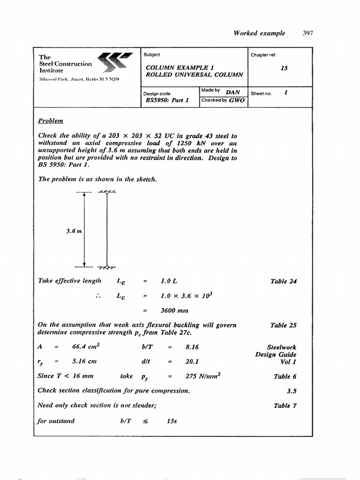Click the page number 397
click(307, 33)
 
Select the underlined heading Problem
click(50, 121)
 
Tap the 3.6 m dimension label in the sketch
click(75, 230)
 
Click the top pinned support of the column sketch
click(107, 192)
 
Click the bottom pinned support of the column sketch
click(107, 268)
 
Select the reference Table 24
click(283, 282)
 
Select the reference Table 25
click(283, 325)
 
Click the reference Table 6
click(285, 376)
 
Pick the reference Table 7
click(285, 406)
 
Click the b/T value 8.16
click(192, 347)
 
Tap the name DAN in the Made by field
click(233, 92)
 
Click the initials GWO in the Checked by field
click(237, 100)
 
